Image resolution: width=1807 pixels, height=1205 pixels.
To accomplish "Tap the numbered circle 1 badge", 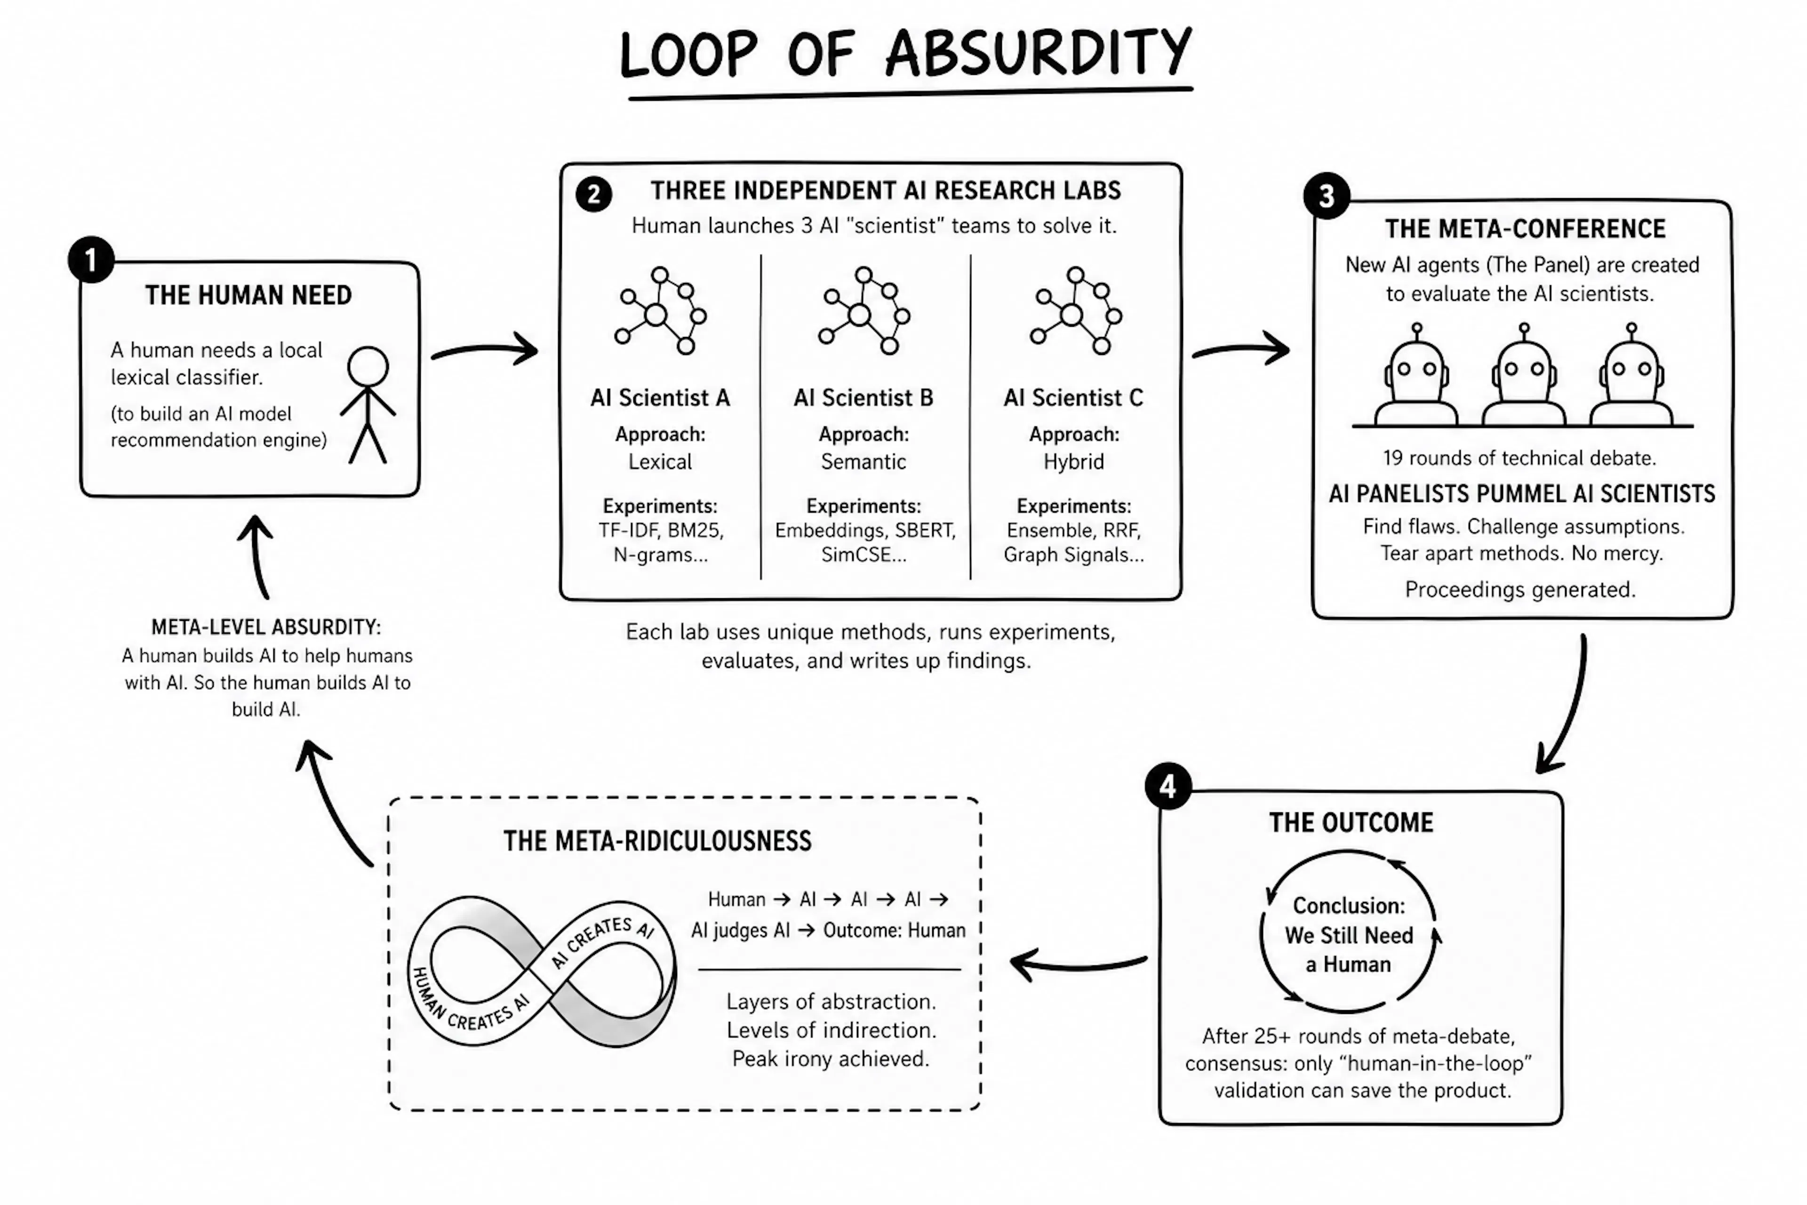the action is pyautogui.click(x=91, y=260).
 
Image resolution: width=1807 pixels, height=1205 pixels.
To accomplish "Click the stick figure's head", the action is pyautogui.click(x=368, y=367).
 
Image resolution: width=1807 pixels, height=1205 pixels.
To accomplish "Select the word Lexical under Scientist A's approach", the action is pyautogui.click(x=660, y=462).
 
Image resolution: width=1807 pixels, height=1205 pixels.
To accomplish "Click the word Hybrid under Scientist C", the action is pyautogui.click(x=1073, y=462).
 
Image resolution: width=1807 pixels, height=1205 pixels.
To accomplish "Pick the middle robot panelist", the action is pyautogui.click(x=1524, y=376).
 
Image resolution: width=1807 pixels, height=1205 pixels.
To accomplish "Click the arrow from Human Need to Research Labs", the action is pyautogui.click(x=485, y=350).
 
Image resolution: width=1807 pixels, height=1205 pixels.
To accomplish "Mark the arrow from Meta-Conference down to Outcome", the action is pyautogui.click(x=1567, y=703).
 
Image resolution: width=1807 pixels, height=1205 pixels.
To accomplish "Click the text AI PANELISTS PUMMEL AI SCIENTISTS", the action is pyautogui.click(x=1522, y=493).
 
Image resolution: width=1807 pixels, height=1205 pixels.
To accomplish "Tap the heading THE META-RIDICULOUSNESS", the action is pyautogui.click(x=658, y=841).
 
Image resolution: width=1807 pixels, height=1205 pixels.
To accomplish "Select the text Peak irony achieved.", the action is pyautogui.click(x=831, y=1059).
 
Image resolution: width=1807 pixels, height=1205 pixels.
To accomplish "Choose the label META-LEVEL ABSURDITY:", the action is pyautogui.click(x=266, y=627).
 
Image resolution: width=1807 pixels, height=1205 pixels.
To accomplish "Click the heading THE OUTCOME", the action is pyautogui.click(x=1351, y=822).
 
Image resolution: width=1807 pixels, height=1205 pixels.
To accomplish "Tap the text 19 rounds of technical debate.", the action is pyautogui.click(x=1519, y=458).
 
